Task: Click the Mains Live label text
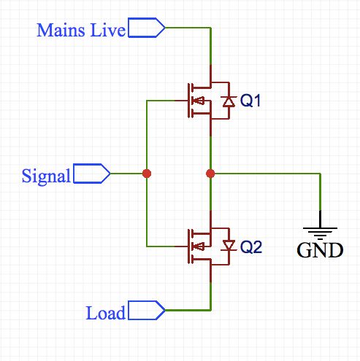(x=82, y=30)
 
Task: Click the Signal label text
(x=47, y=176)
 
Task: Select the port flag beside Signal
(x=92, y=174)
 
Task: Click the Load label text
(x=106, y=314)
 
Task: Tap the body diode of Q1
(x=228, y=101)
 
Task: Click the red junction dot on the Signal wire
(x=147, y=174)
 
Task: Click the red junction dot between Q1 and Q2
(x=210, y=174)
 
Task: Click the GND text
(x=319, y=252)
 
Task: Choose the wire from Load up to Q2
(x=210, y=295)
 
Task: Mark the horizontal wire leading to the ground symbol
(x=267, y=174)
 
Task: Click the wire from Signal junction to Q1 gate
(x=147, y=135)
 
